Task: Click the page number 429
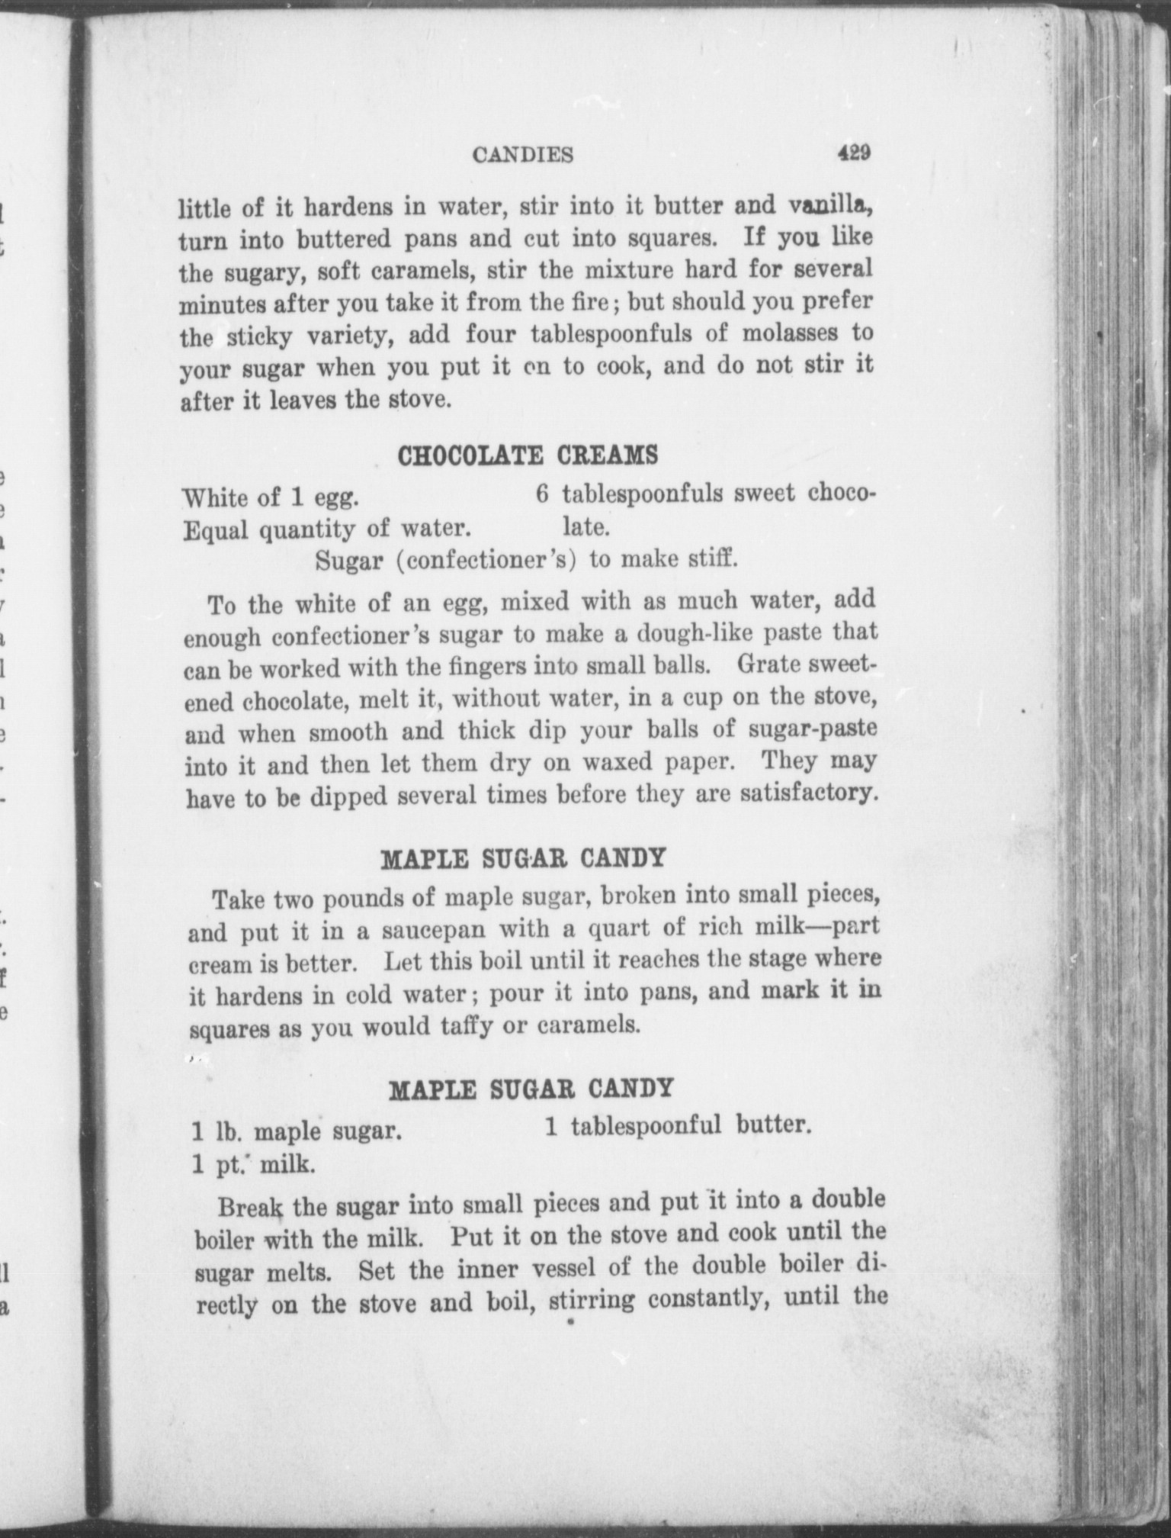(x=853, y=153)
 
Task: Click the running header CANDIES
(x=522, y=156)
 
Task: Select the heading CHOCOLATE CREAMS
(x=528, y=455)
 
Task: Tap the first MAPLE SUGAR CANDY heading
(x=523, y=859)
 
